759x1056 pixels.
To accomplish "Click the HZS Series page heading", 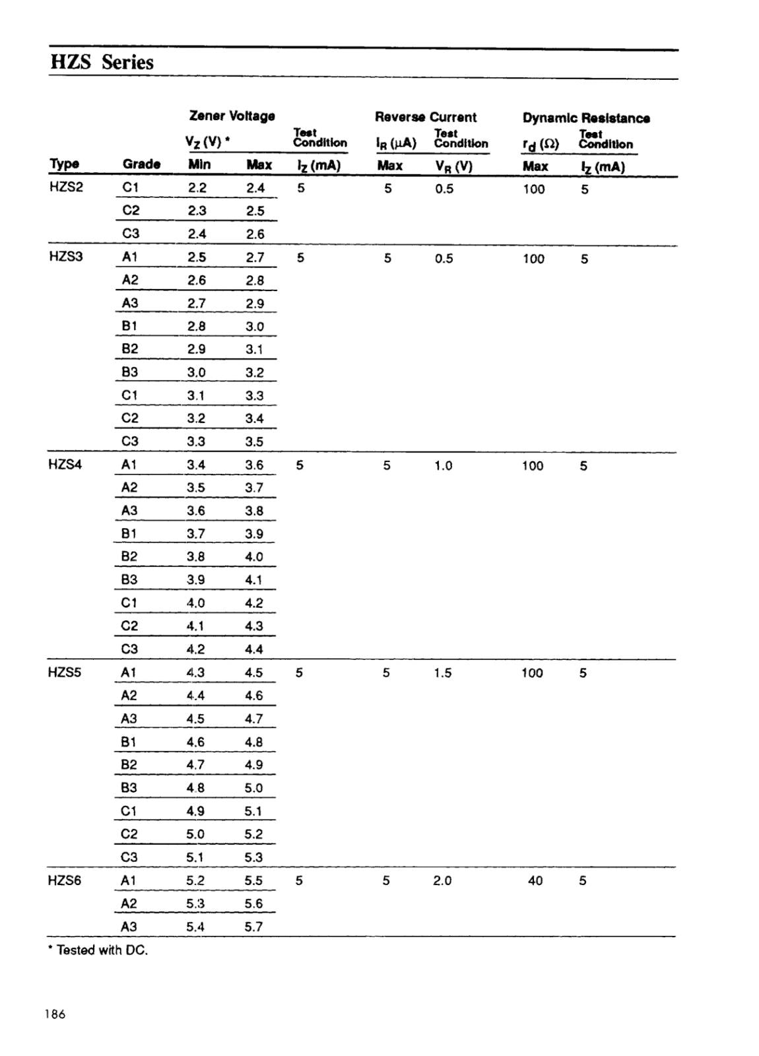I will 102,63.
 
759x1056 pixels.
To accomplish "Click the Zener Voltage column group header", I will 232,116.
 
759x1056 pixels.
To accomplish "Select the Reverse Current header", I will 425,117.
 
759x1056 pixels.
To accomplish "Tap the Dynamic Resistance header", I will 586,118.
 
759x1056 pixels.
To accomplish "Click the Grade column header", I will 141,164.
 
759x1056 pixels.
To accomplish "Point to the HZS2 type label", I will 66,187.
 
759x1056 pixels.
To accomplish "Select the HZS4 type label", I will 65,465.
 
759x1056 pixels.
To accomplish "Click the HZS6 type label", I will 64,880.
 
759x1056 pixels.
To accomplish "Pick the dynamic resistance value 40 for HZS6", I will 535,880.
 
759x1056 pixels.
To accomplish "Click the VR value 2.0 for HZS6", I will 442,880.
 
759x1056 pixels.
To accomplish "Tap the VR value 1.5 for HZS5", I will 442,673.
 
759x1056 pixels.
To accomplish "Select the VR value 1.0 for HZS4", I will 443,466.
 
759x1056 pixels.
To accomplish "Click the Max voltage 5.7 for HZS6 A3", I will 253,927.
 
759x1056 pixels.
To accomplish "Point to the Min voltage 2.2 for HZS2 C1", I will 197,187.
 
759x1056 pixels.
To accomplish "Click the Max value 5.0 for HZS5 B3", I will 253,788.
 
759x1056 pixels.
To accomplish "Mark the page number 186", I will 55,1014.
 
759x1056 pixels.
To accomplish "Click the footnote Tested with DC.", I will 99,950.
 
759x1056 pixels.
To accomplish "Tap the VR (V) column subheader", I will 453,166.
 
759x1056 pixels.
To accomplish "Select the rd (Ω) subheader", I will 541,145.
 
